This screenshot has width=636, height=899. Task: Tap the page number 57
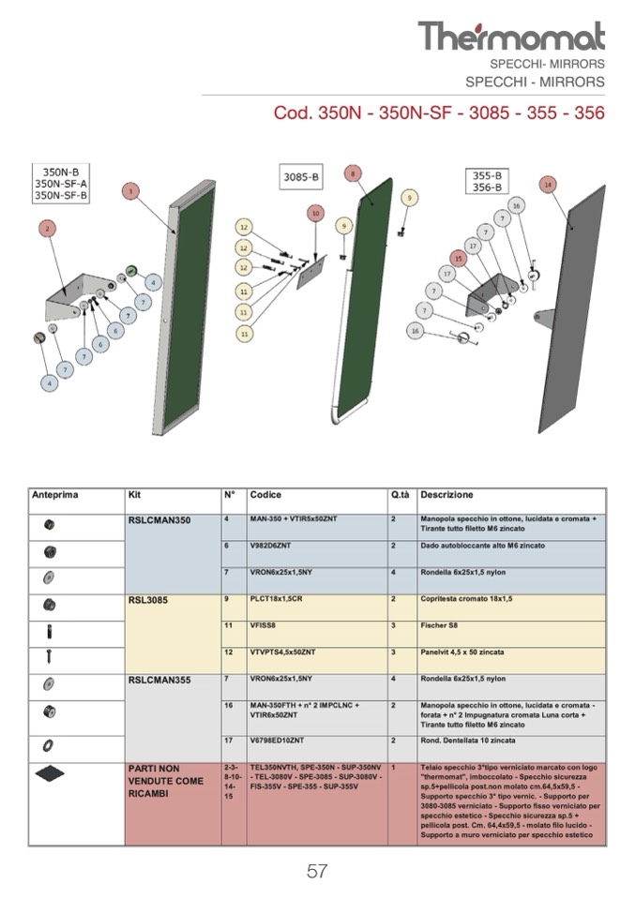pos(317,872)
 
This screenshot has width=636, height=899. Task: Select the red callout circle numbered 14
pos(548,185)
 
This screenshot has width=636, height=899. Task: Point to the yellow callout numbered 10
pos(315,214)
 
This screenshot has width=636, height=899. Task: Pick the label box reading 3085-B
pos(301,176)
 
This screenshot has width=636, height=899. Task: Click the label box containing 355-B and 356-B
pos(487,181)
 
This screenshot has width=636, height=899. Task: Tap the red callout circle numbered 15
pos(458,258)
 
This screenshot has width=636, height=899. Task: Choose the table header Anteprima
pos(55,495)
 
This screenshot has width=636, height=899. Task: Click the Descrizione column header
pos(447,495)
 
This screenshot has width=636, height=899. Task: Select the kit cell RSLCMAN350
pos(159,520)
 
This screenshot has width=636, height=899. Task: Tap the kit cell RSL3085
pos(148,600)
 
